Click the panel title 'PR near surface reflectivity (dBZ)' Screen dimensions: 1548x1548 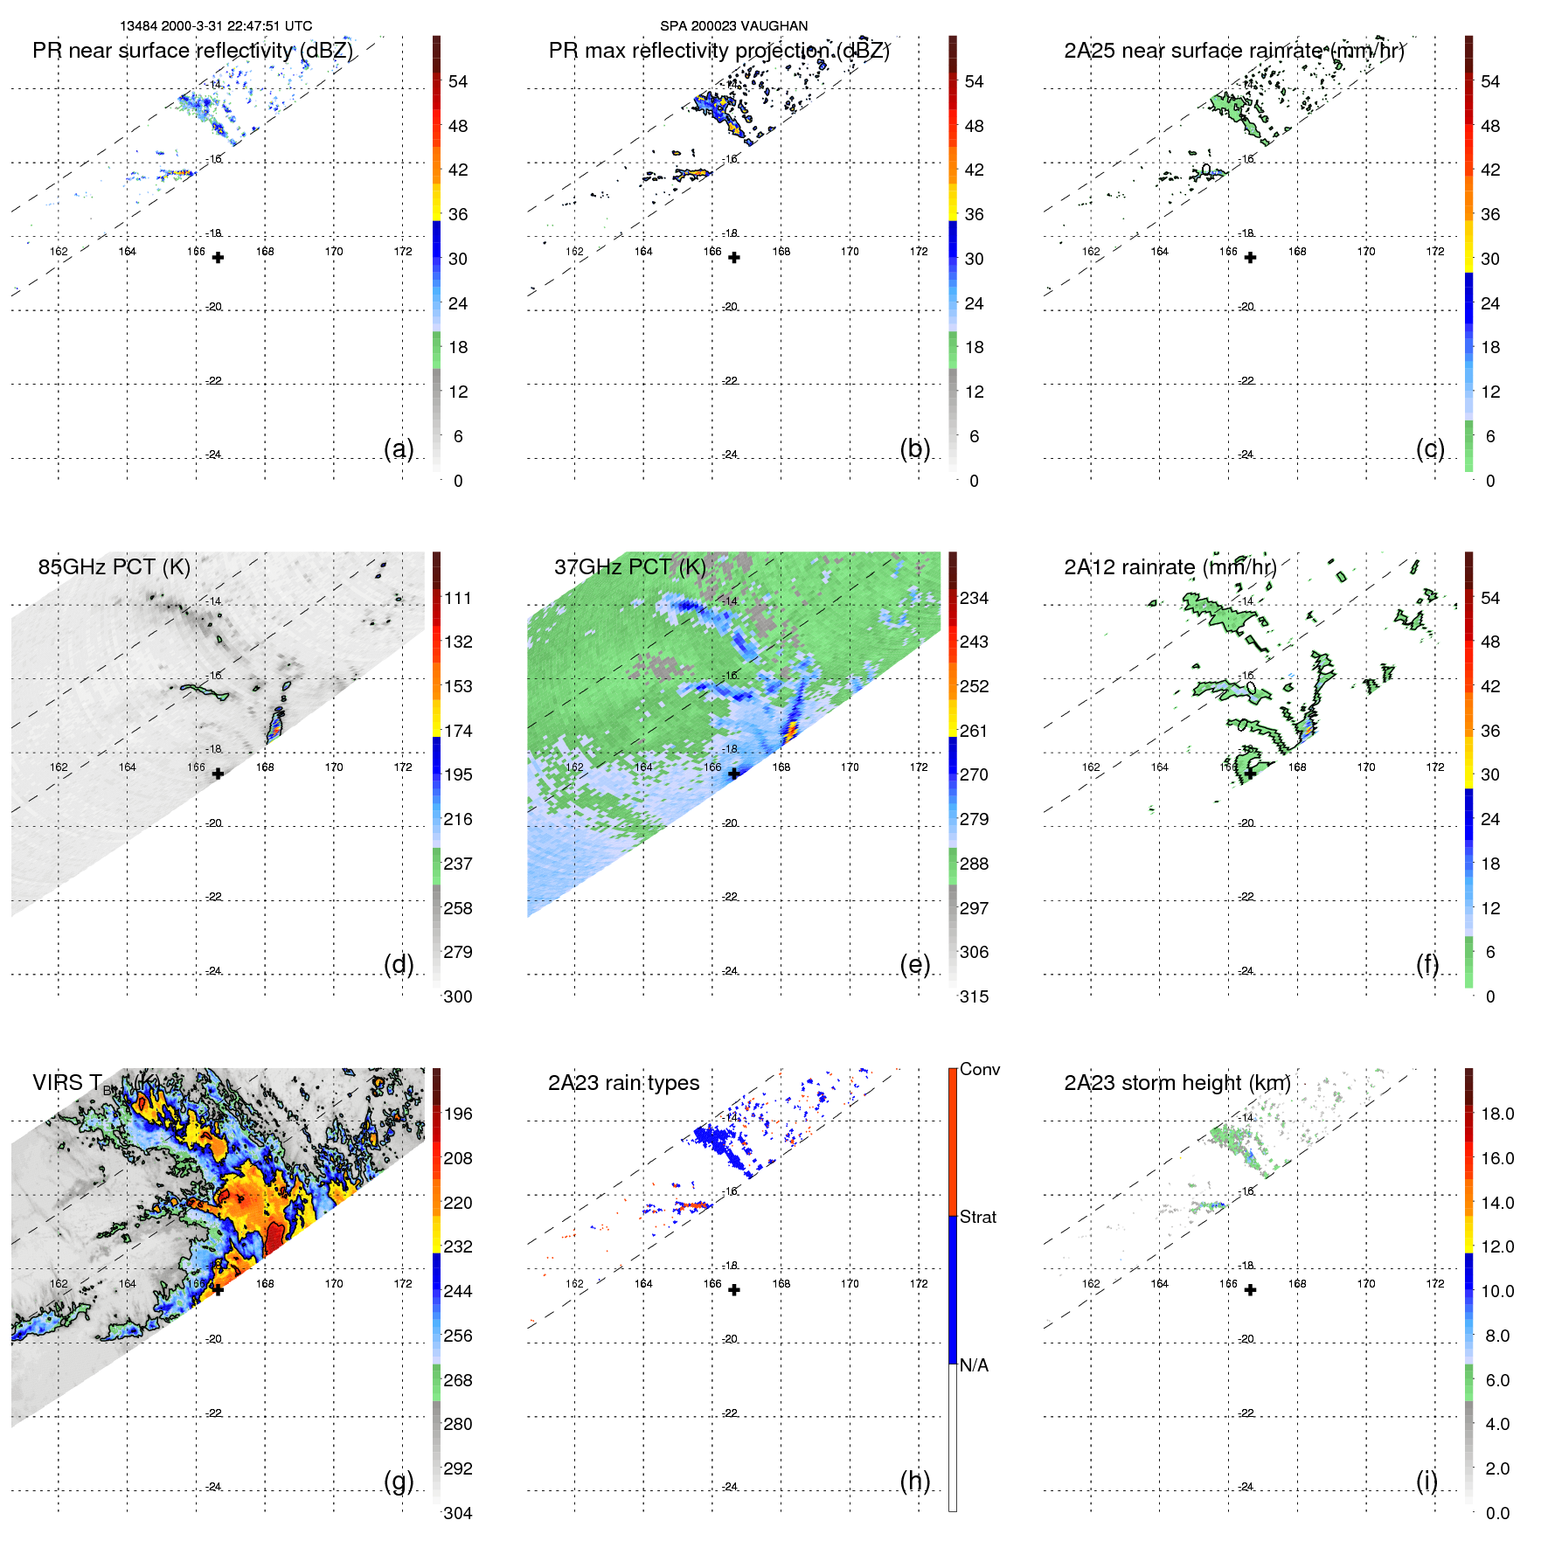click(192, 51)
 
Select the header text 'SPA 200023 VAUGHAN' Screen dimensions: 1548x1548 click(733, 26)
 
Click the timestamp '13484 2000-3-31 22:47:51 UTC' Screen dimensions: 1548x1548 click(216, 26)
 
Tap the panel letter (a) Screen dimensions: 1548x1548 click(399, 449)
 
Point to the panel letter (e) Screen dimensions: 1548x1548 click(915, 965)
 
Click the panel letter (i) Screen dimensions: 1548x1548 click(1427, 1482)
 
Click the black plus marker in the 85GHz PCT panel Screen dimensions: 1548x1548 click(218, 774)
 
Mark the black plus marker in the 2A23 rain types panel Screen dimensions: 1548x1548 click(734, 1290)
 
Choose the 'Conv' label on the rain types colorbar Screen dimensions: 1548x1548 click(979, 1070)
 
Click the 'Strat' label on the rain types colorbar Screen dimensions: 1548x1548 click(977, 1218)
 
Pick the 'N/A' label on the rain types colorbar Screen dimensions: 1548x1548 click(974, 1365)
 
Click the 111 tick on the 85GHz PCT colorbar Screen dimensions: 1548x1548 click(457, 599)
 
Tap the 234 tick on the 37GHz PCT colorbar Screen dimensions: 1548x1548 click(974, 599)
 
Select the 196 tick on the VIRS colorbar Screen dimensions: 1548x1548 click(457, 1114)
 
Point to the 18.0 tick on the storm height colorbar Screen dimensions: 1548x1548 click(1496, 1114)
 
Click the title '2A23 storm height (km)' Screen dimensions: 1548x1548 click(1177, 1083)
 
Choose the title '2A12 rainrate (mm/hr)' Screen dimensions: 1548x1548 click(1170, 567)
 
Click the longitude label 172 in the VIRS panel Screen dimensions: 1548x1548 click(402, 1284)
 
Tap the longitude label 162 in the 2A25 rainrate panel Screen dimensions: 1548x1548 click(1091, 252)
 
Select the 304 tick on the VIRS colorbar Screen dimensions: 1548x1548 click(457, 1514)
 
